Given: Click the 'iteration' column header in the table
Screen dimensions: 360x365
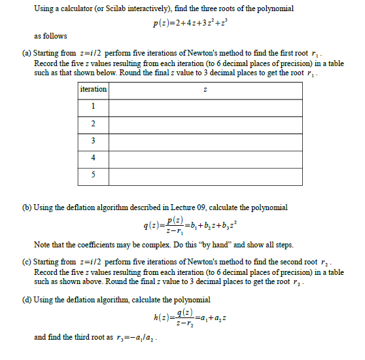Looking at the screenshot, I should (x=94, y=89).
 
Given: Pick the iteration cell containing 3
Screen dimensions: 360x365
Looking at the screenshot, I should (x=94, y=140).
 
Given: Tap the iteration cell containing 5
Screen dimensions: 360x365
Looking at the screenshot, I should (x=94, y=174).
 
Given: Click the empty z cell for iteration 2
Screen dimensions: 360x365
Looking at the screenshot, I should (x=206, y=124).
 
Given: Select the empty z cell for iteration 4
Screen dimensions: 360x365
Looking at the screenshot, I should (x=206, y=157).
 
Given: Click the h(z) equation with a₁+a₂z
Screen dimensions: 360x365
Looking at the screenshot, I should (x=185, y=318).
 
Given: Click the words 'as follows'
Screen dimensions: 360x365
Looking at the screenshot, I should (x=50, y=36).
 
